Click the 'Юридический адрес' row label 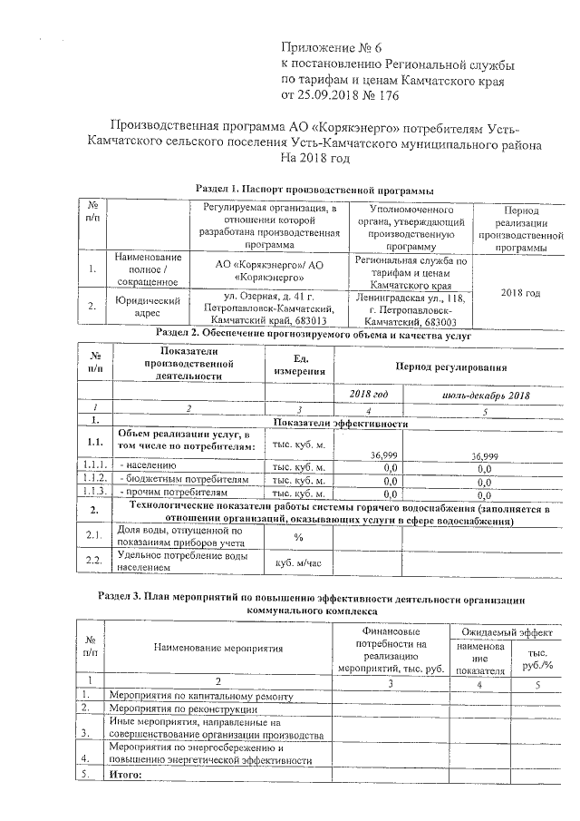click(135, 308)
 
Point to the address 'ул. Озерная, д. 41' click(268, 296)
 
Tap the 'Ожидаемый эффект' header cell click(506, 630)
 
